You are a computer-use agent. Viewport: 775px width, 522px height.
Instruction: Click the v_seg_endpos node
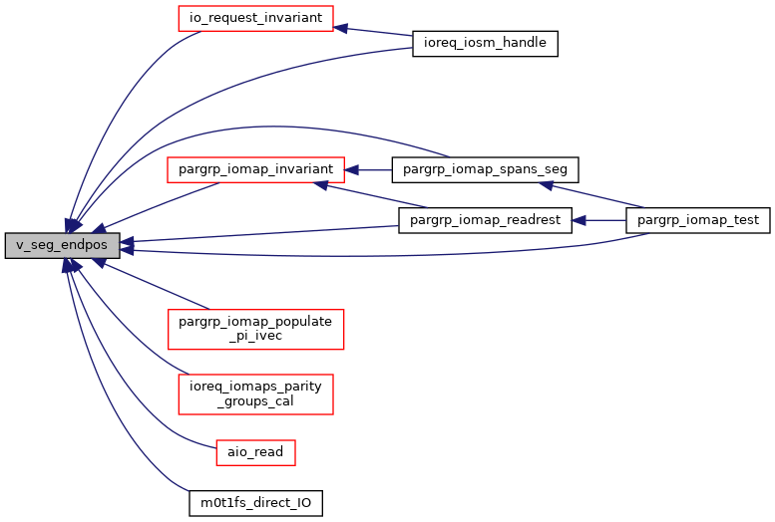[x=62, y=245]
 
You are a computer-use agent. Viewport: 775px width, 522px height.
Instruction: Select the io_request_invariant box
[x=254, y=18]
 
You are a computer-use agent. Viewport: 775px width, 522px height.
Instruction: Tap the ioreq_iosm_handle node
[x=484, y=44]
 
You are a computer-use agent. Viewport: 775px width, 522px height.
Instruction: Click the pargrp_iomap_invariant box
[x=255, y=169]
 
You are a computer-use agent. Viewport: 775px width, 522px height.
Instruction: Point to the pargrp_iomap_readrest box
[x=486, y=220]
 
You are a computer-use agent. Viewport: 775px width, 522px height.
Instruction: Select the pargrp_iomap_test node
[x=698, y=220]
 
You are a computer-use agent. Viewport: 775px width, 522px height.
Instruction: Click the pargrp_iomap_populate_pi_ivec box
[x=255, y=329]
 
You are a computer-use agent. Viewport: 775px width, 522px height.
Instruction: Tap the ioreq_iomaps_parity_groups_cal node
[x=255, y=395]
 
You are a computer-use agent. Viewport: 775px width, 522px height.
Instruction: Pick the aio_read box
[x=255, y=452]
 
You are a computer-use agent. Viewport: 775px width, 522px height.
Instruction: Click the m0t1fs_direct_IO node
[x=255, y=503]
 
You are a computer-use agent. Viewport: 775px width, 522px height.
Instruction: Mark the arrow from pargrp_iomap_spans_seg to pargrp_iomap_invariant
[x=369, y=169]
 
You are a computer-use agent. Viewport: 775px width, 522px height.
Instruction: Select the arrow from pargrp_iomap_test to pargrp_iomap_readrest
[x=598, y=220]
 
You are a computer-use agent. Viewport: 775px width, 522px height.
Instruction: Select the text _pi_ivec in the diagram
[x=255, y=337]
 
